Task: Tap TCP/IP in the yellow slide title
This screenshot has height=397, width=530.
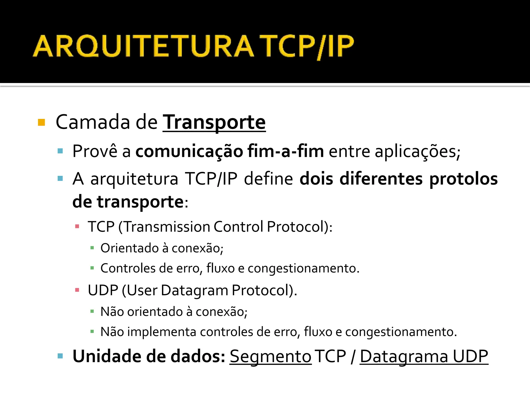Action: pyautogui.click(x=307, y=47)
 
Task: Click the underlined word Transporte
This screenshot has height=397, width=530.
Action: pyautogui.click(x=214, y=122)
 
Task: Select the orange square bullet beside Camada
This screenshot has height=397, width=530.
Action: pyautogui.click(x=41, y=122)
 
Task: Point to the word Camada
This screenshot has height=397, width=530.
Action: pyautogui.click(x=93, y=122)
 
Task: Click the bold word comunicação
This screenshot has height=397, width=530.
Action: pyautogui.click(x=189, y=151)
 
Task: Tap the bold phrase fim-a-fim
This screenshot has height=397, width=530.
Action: pyautogui.click(x=285, y=151)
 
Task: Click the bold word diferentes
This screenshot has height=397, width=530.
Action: pyautogui.click(x=381, y=179)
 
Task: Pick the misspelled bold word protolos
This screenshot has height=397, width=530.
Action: pyautogui.click(x=463, y=179)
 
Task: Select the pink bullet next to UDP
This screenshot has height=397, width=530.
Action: pyautogui.click(x=77, y=290)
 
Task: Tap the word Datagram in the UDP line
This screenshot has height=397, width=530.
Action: pyautogui.click(x=194, y=290)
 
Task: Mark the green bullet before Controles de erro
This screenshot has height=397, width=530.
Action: pyautogui.click(x=92, y=268)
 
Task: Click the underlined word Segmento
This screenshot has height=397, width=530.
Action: pyautogui.click(x=270, y=356)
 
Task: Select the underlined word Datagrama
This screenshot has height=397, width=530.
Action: pyautogui.click(x=404, y=356)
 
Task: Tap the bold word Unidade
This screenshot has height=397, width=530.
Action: pyautogui.click(x=107, y=356)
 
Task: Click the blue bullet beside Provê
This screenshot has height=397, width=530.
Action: pyautogui.click(x=60, y=151)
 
